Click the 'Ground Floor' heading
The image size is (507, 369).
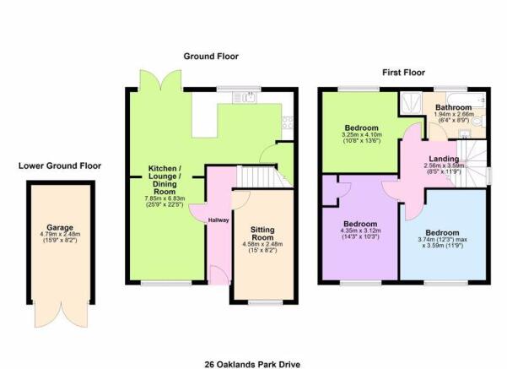click(212, 57)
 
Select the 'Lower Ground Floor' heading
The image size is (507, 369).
click(60, 166)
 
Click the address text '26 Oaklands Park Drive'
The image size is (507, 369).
click(251, 364)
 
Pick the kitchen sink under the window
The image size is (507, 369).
click(251, 98)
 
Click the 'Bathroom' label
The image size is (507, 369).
click(453, 108)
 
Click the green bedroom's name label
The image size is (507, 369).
click(359, 126)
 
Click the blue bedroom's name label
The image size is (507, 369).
click(443, 232)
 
